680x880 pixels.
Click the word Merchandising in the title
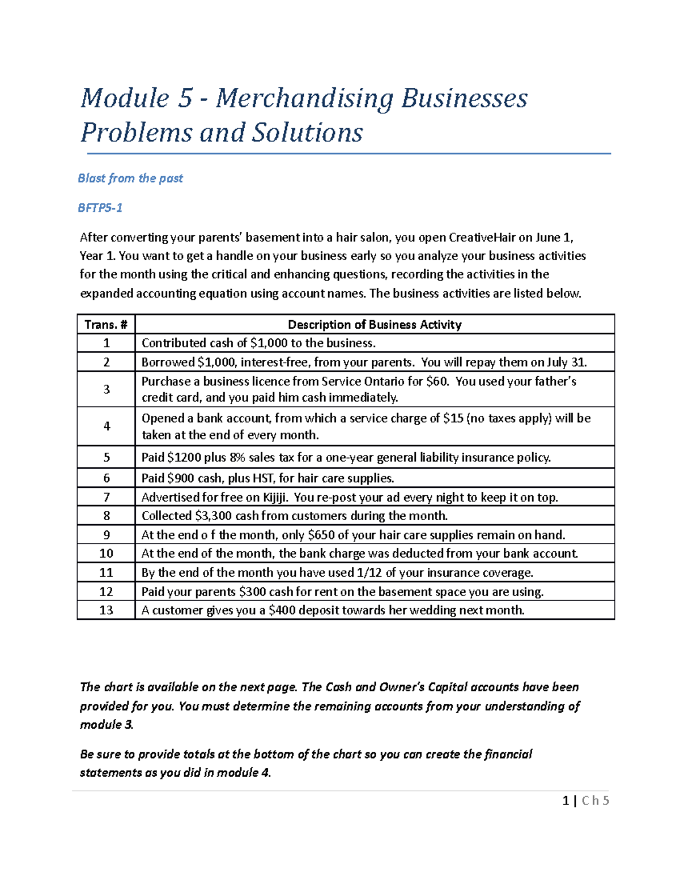click(304, 98)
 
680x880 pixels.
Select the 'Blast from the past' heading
click(130, 178)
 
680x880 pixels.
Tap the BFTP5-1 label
click(100, 208)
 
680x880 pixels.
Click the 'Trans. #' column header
click(106, 325)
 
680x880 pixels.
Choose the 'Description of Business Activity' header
click(375, 325)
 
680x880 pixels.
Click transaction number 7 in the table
click(107, 497)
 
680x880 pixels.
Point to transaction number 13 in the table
click(106, 610)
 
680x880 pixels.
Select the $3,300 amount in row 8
click(214, 516)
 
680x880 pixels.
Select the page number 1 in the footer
click(565, 801)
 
